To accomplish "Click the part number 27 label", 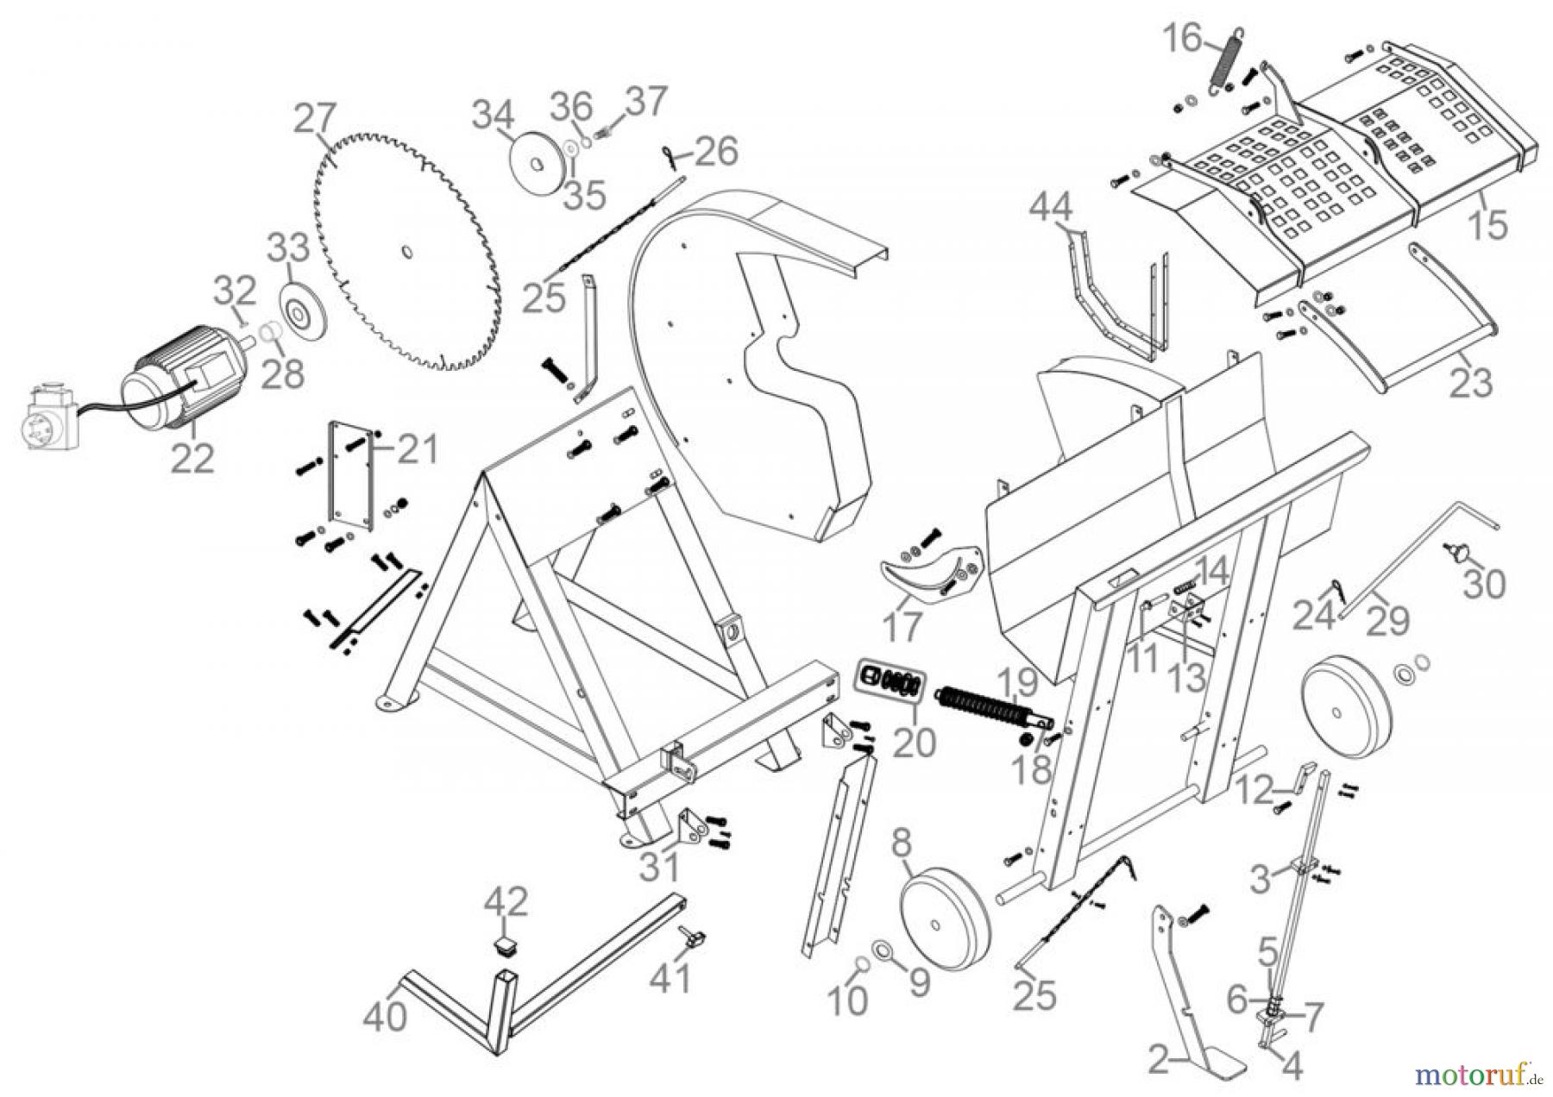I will pyautogui.click(x=315, y=120).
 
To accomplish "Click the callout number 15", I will pyautogui.click(x=1488, y=224).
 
